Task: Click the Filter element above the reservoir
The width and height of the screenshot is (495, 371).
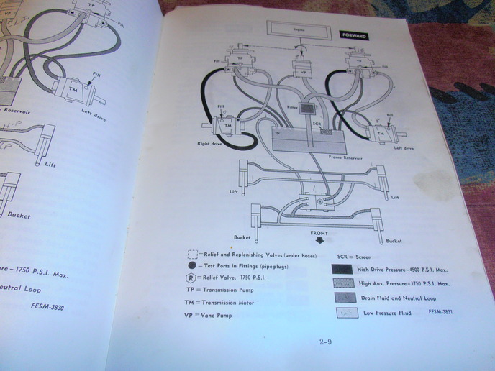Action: click(307, 109)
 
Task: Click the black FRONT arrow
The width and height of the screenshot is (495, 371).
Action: click(320, 242)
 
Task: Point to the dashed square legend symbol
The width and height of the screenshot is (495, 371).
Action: click(192, 255)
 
